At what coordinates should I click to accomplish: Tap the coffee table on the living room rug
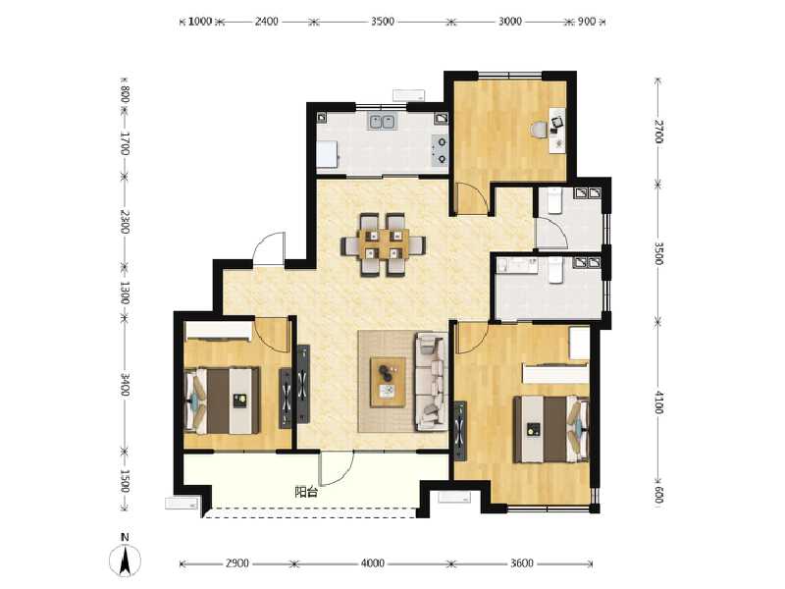(389, 380)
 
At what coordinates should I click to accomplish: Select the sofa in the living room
(431, 382)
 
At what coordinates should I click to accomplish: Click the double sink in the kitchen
(382, 122)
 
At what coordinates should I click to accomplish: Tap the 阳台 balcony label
(306, 492)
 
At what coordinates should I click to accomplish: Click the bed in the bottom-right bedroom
(549, 427)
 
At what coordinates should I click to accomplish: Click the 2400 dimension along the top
(266, 21)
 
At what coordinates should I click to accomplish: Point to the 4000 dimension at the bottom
(372, 563)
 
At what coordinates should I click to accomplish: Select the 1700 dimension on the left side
(125, 143)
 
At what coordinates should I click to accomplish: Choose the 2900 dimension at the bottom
(236, 563)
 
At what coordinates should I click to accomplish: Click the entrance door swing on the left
(268, 249)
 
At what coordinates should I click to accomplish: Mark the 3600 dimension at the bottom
(521, 563)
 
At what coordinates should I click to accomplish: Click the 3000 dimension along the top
(509, 21)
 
